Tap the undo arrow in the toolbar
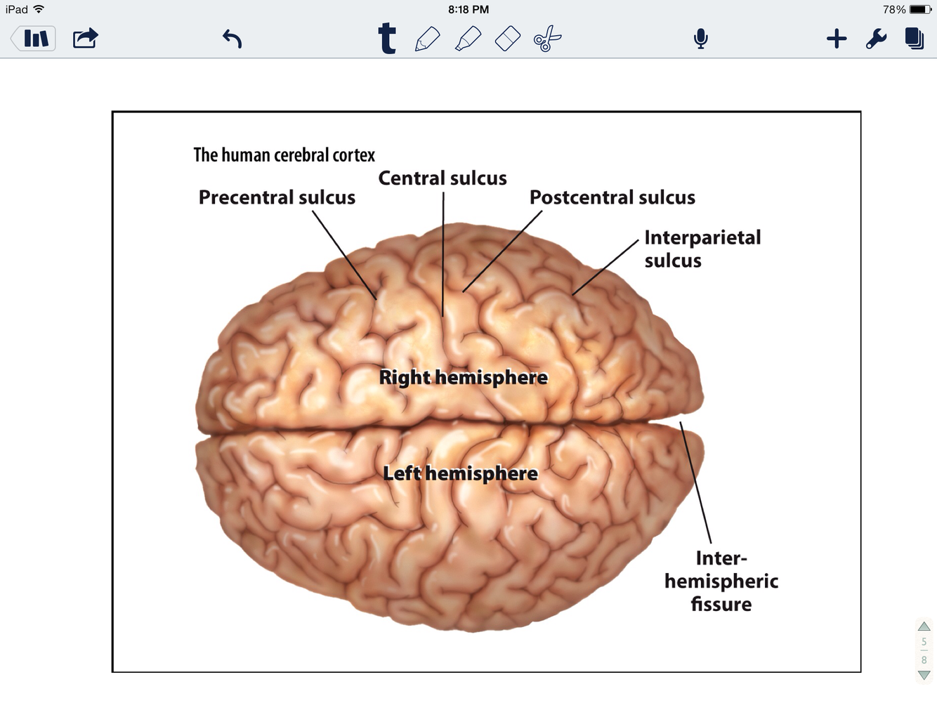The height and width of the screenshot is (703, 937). (x=232, y=39)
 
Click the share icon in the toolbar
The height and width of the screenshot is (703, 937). (x=85, y=38)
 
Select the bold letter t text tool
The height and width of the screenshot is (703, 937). (x=387, y=39)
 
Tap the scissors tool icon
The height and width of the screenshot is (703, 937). (x=547, y=39)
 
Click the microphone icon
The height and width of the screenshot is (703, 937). (x=700, y=39)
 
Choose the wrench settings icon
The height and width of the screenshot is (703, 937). (x=876, y=39)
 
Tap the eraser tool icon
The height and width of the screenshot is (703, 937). (x=507, y=39)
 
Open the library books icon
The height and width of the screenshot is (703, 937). (x=35, y=39)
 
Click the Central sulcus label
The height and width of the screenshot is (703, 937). (x=443, y=178)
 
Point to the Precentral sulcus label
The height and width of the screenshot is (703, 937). (x=277, y=197)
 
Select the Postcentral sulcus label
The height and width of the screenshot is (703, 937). (x=612, y=197)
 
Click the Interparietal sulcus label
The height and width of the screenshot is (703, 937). (x=702, y=249)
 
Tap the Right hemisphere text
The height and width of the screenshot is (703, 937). (x=463, y=377)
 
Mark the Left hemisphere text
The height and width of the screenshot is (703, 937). (x=460, y=473)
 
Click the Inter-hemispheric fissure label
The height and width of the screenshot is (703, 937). (x=721, y=581)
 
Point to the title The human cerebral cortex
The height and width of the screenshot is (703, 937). (x=284, y=155)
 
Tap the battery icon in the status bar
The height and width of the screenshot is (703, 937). (x=920, y=10)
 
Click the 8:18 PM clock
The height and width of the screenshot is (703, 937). (x=468, y=10)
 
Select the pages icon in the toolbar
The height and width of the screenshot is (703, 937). (x=914, y=39)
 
